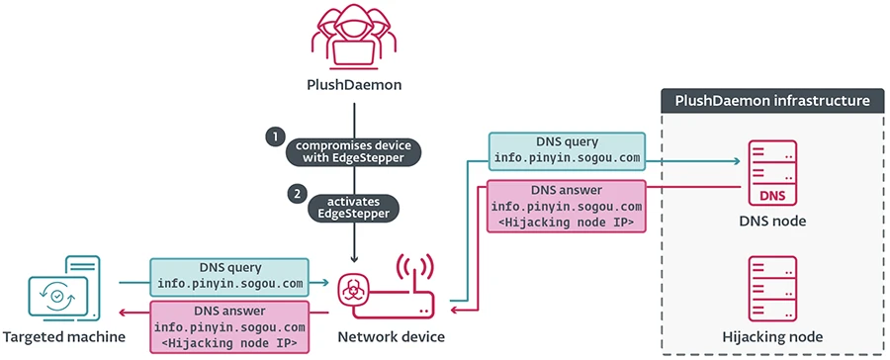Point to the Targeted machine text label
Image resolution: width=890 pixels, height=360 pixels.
pos(63,337)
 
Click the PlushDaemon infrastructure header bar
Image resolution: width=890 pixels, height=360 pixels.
pos(772,101)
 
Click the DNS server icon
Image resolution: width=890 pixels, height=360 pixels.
pos(772,169)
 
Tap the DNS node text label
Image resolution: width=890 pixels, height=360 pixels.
pos(772,221)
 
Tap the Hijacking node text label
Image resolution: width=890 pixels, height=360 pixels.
pos(772,337)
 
